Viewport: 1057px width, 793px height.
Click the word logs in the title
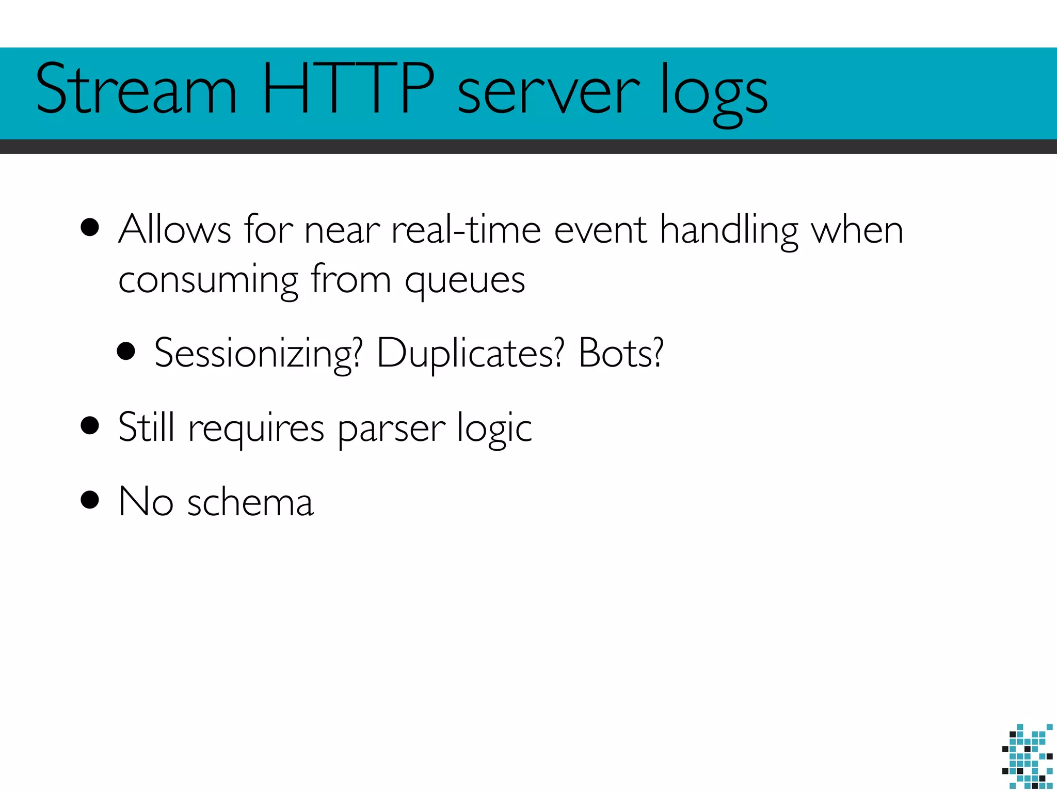[x=714, y=93]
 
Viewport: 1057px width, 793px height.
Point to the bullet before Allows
[x=90, y=228]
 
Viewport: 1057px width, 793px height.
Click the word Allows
[x=174, y=229]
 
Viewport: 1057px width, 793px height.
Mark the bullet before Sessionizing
[x=126, y=352]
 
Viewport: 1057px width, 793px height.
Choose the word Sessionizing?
[x=259, y=354]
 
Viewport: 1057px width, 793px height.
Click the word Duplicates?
[x=470, y=354]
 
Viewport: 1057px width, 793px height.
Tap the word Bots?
[x=621, y=353]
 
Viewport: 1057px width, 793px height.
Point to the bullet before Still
[x=90, y=426]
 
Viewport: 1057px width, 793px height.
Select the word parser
[x=392, y=429]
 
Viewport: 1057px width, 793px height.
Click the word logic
[x=494, y=429]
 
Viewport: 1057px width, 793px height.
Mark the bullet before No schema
[x=90, y=500]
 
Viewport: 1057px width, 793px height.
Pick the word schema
[x=250, y=502]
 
